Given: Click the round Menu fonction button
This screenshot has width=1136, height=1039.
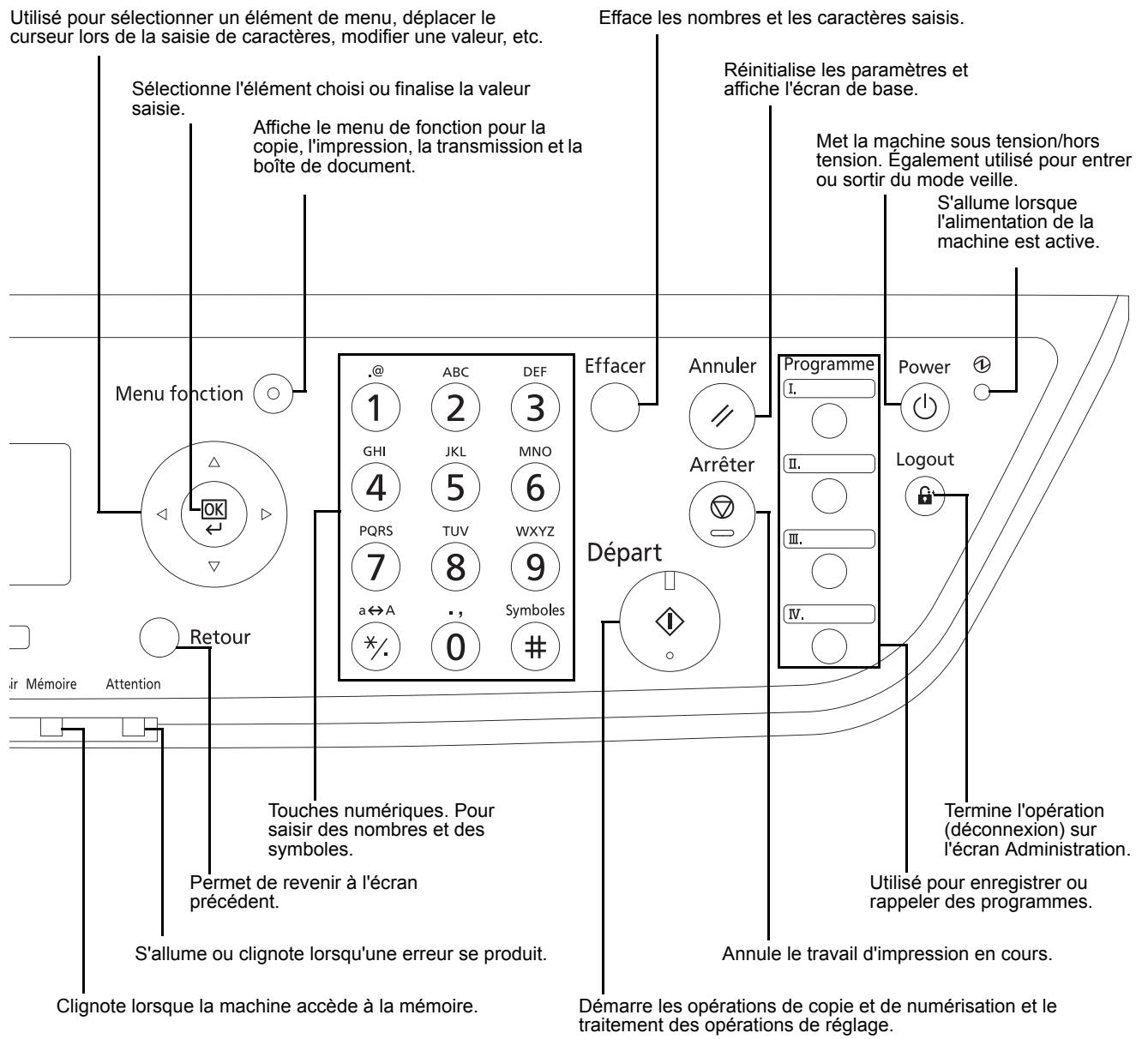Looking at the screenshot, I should (272, 393).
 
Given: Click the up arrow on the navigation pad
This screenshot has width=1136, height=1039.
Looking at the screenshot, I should (213, 460).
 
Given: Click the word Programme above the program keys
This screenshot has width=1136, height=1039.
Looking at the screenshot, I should (828, 364).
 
